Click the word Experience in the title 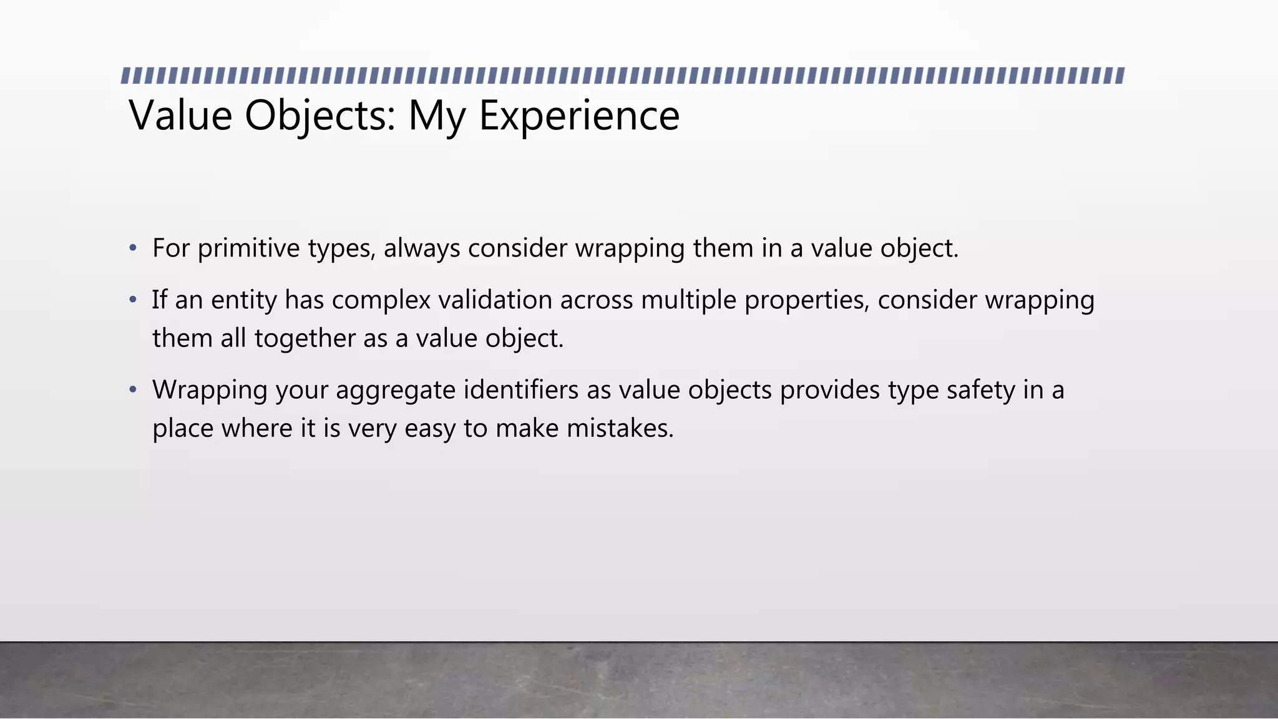point(579,115)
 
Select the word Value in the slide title point(180,115)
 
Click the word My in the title point(436,115)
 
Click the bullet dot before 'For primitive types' point(132,248)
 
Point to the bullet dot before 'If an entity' point(132,300)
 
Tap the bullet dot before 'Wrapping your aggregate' point(132,390)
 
